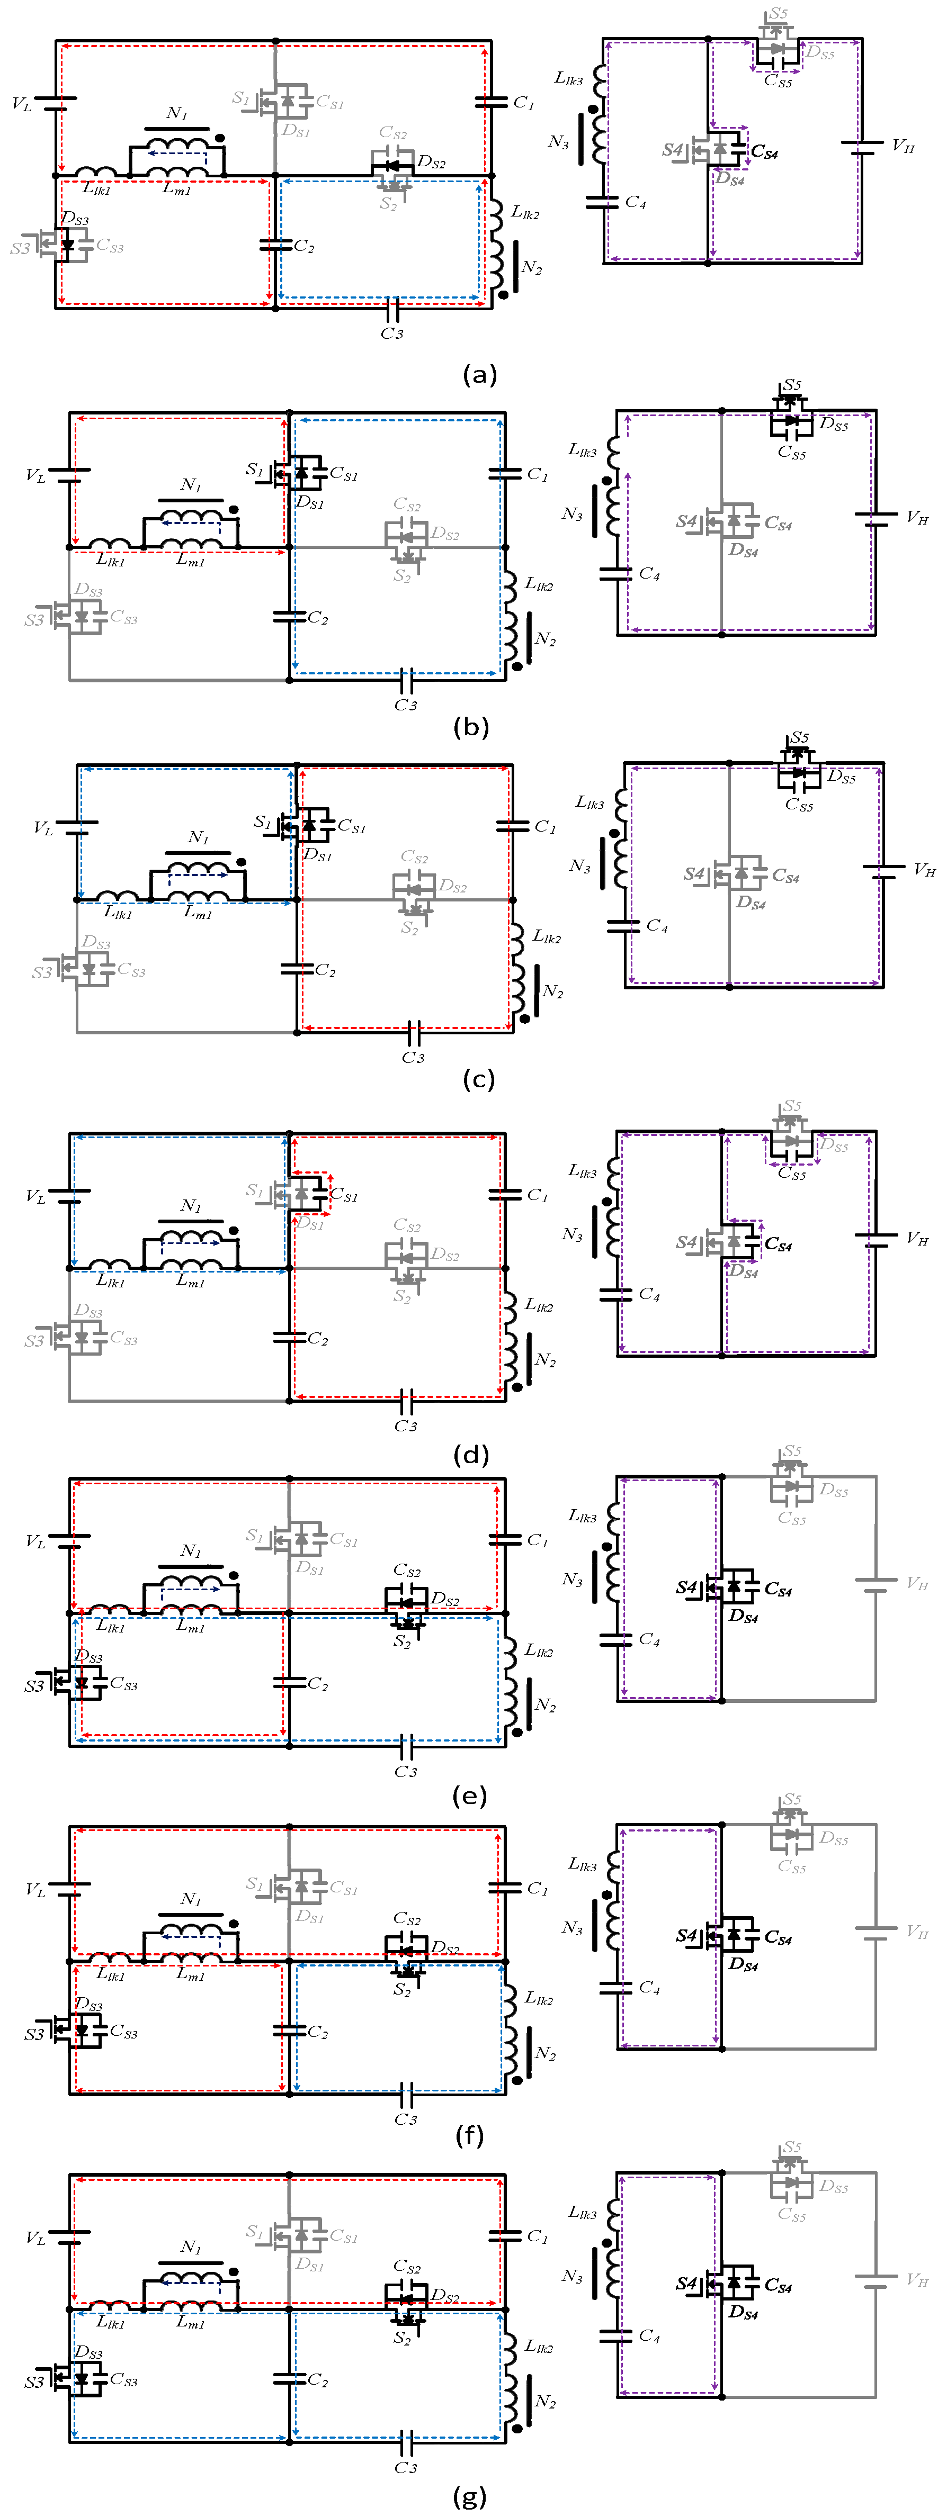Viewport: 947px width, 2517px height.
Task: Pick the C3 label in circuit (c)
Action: (x=413, y=1057)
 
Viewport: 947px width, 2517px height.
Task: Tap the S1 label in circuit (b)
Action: (x=254, y=470)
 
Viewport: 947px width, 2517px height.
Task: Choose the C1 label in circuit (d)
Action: (x=537, y=1195)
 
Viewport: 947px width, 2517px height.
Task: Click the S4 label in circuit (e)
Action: (x=686, y=1587)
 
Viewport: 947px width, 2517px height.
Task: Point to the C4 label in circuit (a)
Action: (x=635, y=202)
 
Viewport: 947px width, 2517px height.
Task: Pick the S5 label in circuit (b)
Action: (x=792, y=385)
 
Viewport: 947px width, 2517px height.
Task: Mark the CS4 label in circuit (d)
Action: (x=778, y=1245)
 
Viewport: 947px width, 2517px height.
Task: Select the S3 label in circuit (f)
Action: (x=34, y=2034)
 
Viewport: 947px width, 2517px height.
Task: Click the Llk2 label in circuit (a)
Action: (x=525, y=213)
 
